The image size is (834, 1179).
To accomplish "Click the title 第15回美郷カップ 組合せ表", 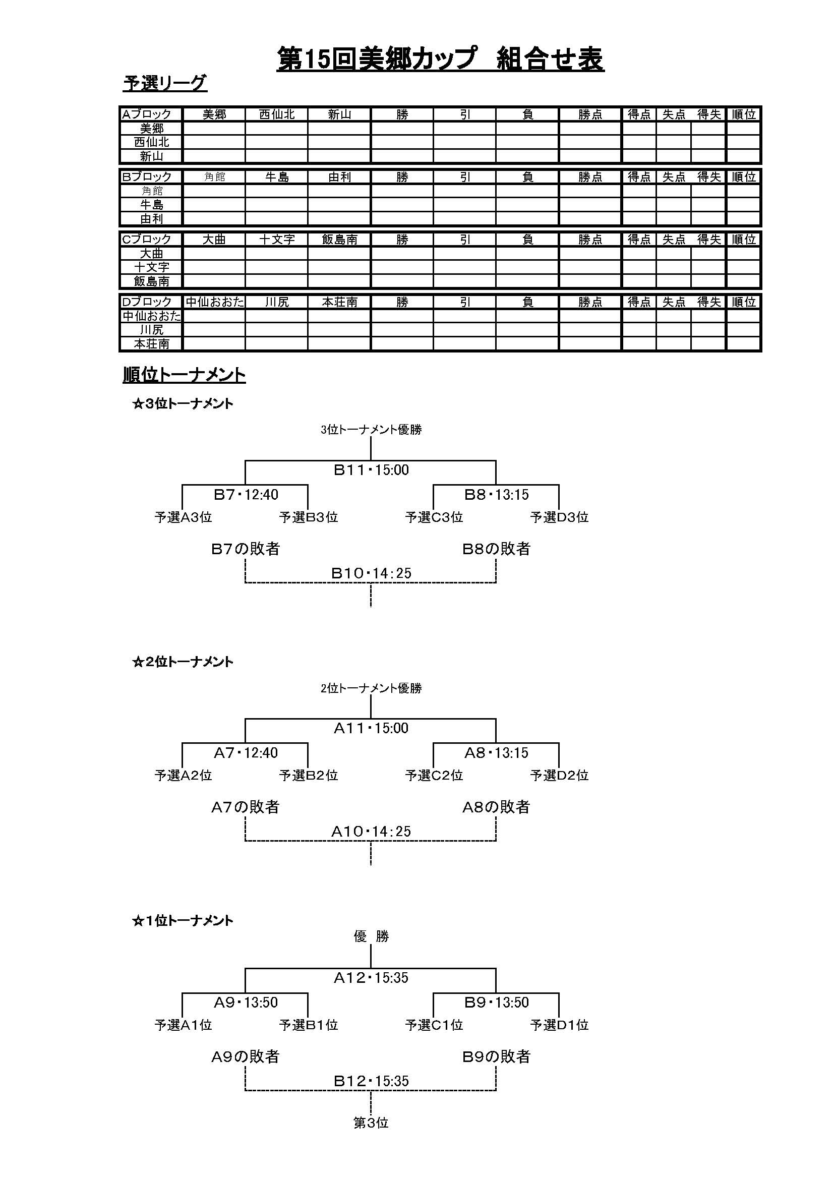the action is [x=440, y=59].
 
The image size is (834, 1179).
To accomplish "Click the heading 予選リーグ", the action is [x=165, y=83].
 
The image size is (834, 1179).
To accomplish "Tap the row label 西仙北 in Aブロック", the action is [x=151, y=142].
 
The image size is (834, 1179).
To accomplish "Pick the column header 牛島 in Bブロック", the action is [x=277, y=177].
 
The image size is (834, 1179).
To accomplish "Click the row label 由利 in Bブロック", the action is [x=151, y=219].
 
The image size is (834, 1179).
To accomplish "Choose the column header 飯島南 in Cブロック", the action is [x=339, y=240].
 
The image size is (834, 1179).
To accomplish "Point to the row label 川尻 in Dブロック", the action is [x=151, y=330].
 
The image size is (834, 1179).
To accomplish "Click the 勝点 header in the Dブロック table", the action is [x=590, y=303].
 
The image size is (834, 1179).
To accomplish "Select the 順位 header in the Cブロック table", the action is [x=744, y=240].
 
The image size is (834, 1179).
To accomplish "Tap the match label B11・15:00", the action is [x=371, y=470].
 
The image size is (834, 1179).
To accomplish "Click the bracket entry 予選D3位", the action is [x=559, y=517].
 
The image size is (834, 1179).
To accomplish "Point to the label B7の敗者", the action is [x=246, y=549].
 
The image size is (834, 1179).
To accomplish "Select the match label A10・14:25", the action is [x=371, y=831].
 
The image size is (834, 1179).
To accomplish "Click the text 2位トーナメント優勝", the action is [x=371, y=688].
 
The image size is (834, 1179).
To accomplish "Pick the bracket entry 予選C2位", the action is [x=434, y=776].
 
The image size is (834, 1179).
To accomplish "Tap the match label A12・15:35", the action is [x=371, y=978].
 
